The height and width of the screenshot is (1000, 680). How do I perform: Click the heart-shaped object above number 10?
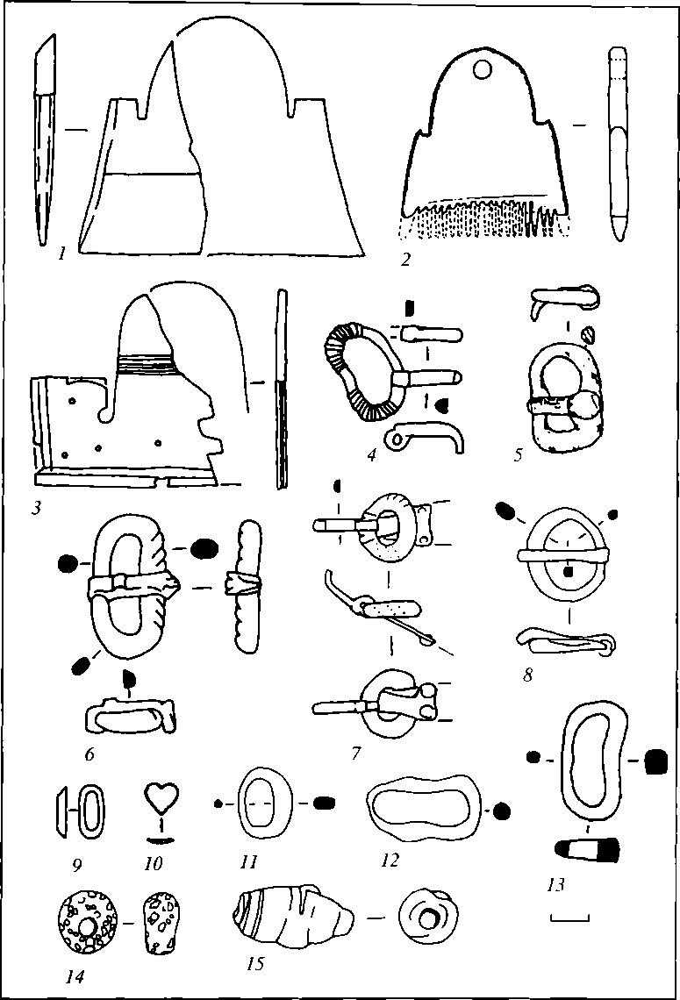pyautogui.click(x=159, y=798)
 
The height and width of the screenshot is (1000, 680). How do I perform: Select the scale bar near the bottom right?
pyautogui.click(x=569, y=918)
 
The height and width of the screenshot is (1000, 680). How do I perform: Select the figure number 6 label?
pyautogui.click(x=90, y=754)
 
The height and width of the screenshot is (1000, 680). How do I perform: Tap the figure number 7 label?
pyautogui.click(x=356, y=754)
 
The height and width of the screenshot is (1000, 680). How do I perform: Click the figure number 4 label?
pyautogui.click(x=371, y=455)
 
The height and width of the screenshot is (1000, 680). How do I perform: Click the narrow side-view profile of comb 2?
pyautogui.click(x=619, y=145)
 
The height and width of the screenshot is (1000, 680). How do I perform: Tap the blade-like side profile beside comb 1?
pyautogui.click(x=44, y=145)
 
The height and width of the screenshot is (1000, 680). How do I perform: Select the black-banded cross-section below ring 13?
pyautogui.click(x=589, y=849)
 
